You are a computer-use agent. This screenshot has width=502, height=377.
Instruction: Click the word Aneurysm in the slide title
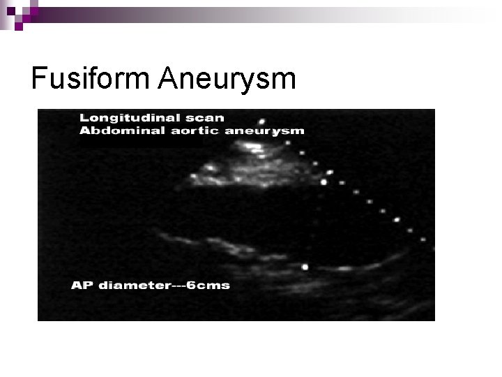point(227,80)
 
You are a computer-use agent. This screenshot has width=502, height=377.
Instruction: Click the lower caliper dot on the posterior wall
point(305,267)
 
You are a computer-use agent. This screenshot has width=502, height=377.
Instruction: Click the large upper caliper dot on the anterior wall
point(324,182)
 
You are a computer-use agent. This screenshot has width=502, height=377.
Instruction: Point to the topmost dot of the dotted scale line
point(261,121)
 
